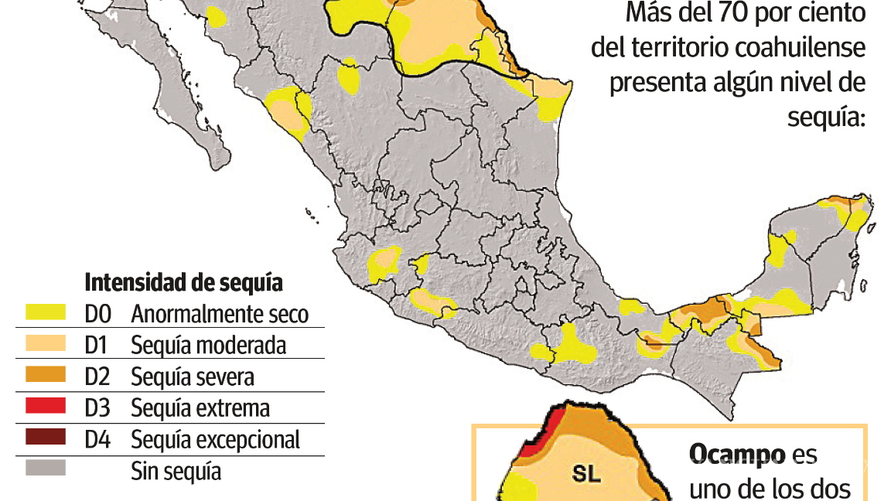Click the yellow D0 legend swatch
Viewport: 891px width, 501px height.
point(46,312)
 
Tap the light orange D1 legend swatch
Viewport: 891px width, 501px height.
point(46,343)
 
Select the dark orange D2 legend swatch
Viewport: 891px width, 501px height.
point(46,375)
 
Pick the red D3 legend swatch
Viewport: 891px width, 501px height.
point(46,407)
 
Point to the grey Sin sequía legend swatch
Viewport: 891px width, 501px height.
point(46,469)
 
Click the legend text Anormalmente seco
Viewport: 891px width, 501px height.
point(220,315)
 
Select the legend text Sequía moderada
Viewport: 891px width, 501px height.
point(209,346)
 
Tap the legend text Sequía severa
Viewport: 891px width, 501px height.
point(193,377)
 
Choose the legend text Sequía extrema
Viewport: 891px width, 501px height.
point(200,408)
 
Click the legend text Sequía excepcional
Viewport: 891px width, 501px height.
point(215,440)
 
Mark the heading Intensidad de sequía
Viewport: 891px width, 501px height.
point(183,282)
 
